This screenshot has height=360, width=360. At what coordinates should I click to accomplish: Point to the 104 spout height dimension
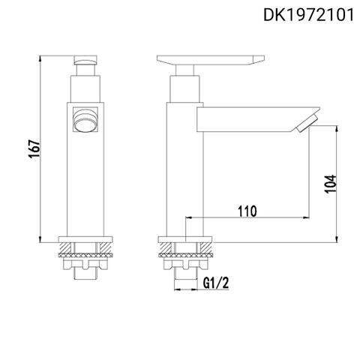tap(331, 182)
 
